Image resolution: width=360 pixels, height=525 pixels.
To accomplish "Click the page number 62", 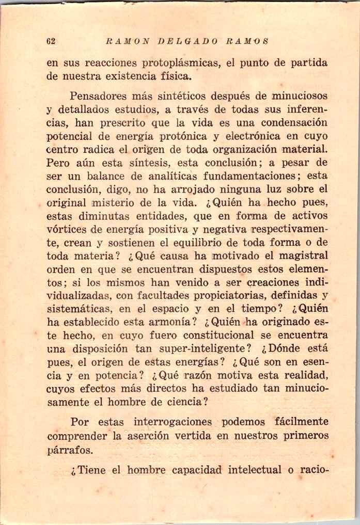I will (x=51, y=42).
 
